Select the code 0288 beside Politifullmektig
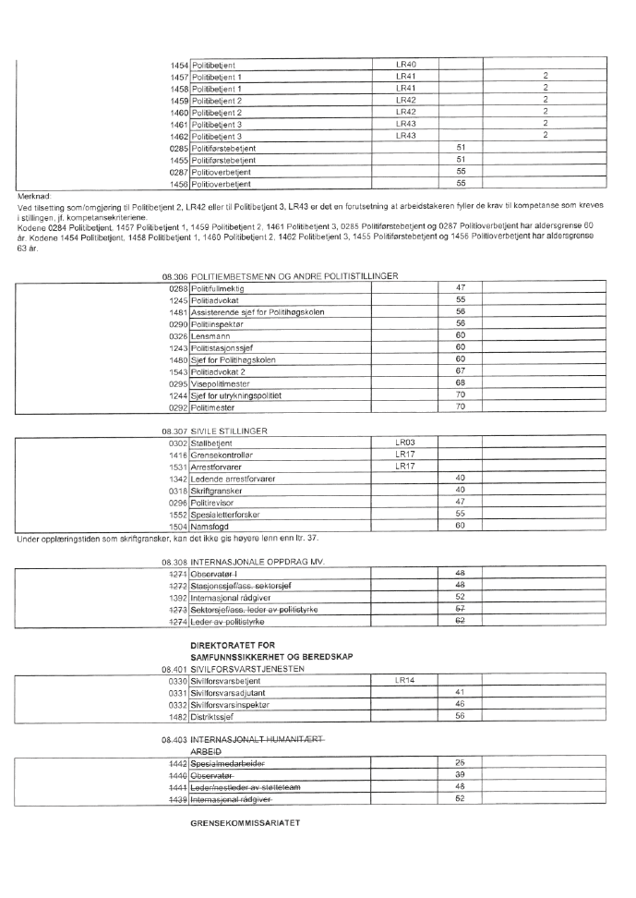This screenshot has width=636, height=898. click(178, 288)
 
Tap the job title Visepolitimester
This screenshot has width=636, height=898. click(221, 382)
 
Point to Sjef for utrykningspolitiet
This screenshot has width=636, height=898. click(235, 394)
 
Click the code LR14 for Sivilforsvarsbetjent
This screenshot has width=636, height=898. click(406, 680)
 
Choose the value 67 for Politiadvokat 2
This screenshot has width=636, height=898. click(461, 370)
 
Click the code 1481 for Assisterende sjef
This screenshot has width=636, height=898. click(178, 311)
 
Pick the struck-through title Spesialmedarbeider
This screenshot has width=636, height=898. click(228, 762)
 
